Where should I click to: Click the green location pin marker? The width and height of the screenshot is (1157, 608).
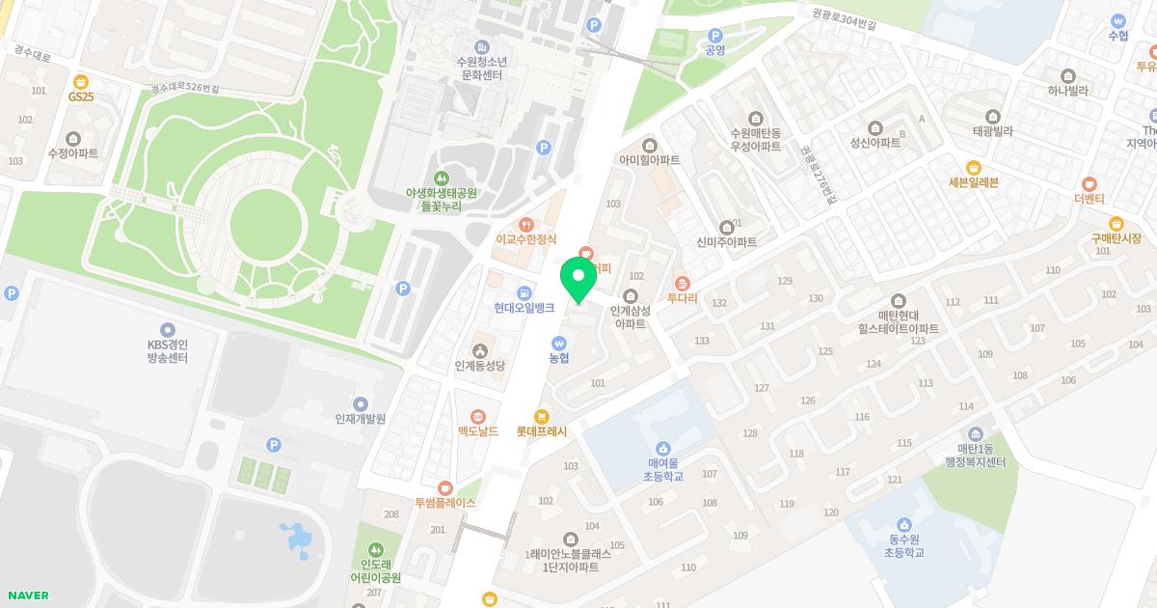578,278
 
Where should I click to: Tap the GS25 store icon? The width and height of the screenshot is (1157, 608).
81,81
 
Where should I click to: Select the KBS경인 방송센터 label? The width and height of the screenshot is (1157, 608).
168,350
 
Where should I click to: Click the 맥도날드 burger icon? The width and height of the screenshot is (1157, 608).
478,416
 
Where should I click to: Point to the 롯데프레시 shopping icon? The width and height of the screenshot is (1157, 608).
542,416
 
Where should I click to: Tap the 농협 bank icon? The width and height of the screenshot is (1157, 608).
559,343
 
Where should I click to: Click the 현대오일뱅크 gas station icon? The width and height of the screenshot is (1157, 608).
524,292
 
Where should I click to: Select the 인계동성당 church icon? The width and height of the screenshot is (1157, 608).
479,349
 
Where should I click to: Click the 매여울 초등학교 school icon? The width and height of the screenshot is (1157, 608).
663,448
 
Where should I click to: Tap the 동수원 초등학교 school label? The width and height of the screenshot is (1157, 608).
904,545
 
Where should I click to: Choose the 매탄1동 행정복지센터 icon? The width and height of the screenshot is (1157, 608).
975,433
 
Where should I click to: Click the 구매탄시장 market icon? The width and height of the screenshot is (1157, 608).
1117,223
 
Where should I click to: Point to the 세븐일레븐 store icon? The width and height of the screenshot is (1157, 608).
973,167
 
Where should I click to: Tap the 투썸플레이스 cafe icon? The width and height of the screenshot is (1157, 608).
444,487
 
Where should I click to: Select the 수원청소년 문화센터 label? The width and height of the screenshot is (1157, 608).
481,68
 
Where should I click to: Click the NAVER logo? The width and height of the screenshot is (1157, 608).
27,595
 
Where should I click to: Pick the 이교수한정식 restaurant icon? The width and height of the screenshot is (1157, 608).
525,224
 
